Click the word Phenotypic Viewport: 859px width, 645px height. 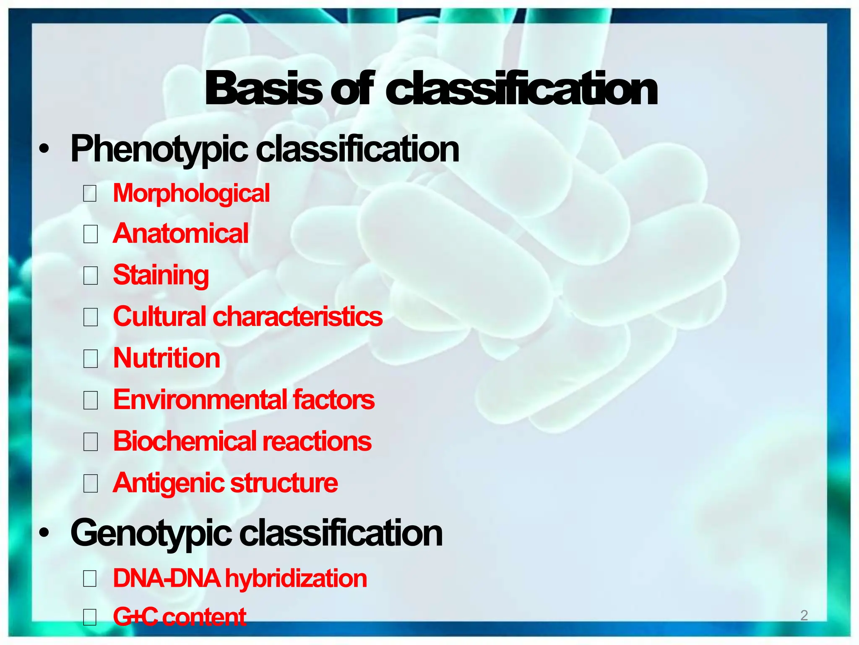coord(159,149)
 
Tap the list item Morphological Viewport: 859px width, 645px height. coord(191,194)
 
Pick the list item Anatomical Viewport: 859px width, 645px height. coord(181,233)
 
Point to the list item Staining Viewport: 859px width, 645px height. coord(161,275)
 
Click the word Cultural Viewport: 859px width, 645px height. coord(160,317)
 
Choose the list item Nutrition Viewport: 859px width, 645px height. coord(167,358)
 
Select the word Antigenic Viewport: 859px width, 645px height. coord(168,483)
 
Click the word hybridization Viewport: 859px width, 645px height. coord(296,579)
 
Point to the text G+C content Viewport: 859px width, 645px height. coord(180,616)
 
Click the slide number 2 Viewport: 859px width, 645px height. coord(804,615)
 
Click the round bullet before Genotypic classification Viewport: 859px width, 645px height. coord(44,533)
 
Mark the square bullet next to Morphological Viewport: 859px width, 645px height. coord(90,194)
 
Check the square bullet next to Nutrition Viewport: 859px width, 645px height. coord(90,359)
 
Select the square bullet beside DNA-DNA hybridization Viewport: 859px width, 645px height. coord(90,579)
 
